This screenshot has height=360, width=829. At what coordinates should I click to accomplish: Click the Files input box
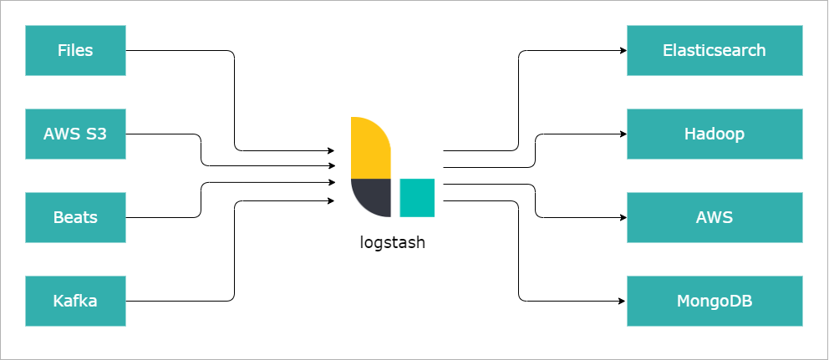75,50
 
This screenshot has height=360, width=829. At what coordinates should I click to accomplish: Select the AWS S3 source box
75,134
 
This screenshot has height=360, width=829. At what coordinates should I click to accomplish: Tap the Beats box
75,217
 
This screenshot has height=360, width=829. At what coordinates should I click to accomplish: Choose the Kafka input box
75,301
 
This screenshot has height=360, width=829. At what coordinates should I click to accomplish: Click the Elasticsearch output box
715,50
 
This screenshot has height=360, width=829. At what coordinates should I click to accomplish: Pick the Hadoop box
715,134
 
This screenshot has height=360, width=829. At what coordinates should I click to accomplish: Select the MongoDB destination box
715,301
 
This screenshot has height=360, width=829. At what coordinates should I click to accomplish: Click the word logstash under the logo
392,242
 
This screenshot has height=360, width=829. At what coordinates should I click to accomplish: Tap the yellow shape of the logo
370,148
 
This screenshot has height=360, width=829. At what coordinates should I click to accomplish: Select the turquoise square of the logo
417,198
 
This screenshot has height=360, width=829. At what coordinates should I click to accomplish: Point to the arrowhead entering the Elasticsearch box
623,51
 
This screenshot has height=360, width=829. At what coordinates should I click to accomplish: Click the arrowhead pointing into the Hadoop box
623,134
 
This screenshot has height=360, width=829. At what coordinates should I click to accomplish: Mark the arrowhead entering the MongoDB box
623,302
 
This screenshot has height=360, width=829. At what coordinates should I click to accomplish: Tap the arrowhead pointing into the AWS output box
623,217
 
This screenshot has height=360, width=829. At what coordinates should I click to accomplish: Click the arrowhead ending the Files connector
331,150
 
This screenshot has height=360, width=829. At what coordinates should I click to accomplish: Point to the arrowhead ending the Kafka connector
331,200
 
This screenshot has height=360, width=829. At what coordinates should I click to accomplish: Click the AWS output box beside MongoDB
715,217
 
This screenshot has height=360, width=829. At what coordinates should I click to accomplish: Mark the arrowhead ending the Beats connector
332,182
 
